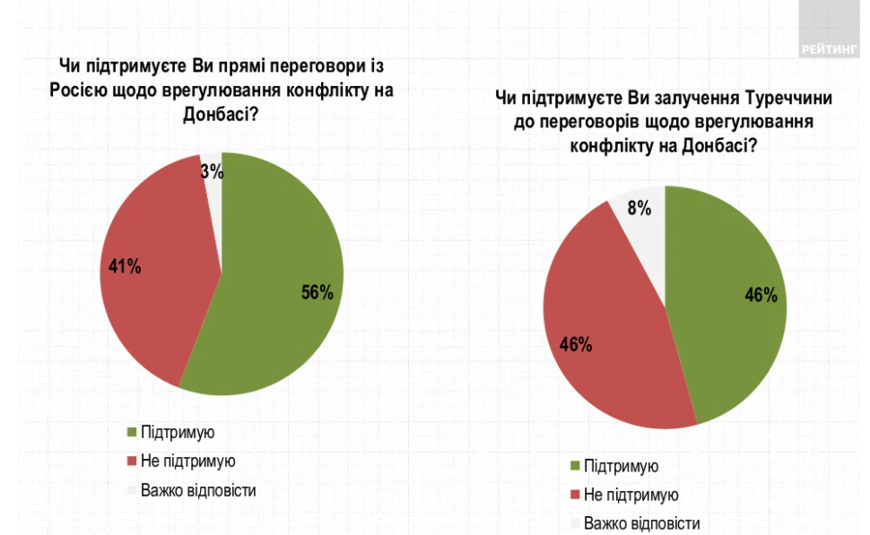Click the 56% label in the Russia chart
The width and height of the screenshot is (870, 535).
click(317, 292)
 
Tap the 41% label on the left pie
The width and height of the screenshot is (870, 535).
click(125, 266)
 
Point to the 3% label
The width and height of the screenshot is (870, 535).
click(212, 171)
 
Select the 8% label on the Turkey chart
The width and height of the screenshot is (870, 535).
click(639, 208)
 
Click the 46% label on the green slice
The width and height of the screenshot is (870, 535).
click(761, 296)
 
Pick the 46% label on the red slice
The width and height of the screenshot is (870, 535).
click(575, 345)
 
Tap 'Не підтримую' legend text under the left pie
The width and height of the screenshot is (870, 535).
click(187, 462)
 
